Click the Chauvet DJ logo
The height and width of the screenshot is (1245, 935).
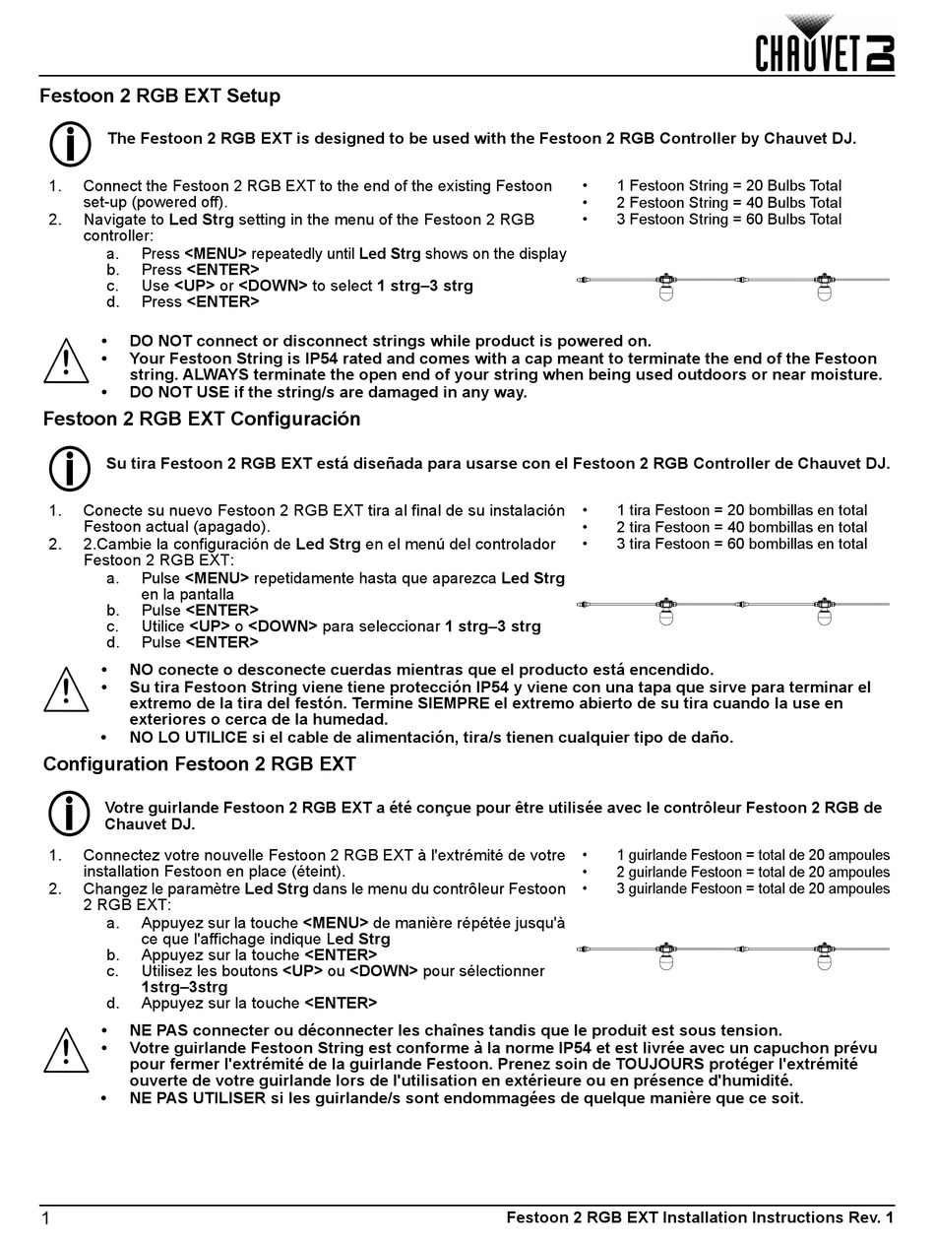coord(825,44)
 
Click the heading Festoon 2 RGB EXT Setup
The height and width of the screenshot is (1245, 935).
coord(159,96)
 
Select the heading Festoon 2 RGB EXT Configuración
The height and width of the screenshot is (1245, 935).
coord(202,419)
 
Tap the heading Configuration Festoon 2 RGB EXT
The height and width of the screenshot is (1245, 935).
coord(200,764)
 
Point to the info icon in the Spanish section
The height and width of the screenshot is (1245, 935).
coord(70,469)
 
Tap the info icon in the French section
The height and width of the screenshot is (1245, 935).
coord(70,815)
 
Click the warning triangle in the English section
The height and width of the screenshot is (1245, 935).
coord(66,361)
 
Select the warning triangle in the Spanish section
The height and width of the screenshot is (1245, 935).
coord(66,690)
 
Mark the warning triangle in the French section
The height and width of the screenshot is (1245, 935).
coord(66,1051)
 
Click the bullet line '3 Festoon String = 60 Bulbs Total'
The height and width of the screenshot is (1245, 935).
coord(728,219)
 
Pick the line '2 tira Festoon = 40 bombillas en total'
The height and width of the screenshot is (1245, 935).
coord(741,527)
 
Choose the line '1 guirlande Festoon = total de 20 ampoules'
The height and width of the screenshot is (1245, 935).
coord(753,855)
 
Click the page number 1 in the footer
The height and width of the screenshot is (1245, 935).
coord(45,1219)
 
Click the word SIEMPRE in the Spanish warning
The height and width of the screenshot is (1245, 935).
coord(452,703)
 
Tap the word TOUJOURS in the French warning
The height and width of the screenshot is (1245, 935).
coord(659,1064)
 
